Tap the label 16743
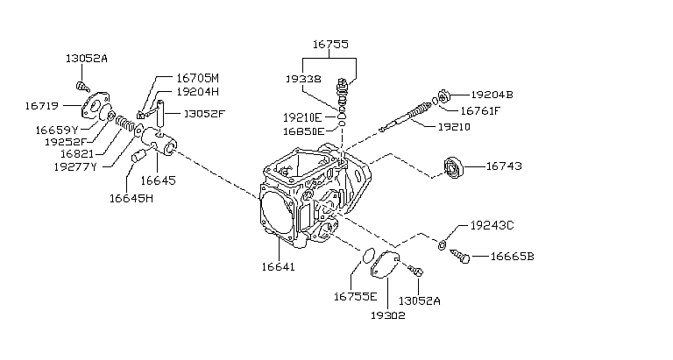pos(503,165)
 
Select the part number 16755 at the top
pos(330,42)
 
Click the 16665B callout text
pos(512,257)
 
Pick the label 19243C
pos(492,226)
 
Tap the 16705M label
pos(197,77)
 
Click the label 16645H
pos(131,198)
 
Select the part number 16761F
pos(480,110)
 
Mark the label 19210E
pos(303,116)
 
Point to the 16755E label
pos(355,297)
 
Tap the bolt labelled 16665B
pos(461,257)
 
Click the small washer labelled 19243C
pos(444,243)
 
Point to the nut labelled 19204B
pos(444,95)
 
